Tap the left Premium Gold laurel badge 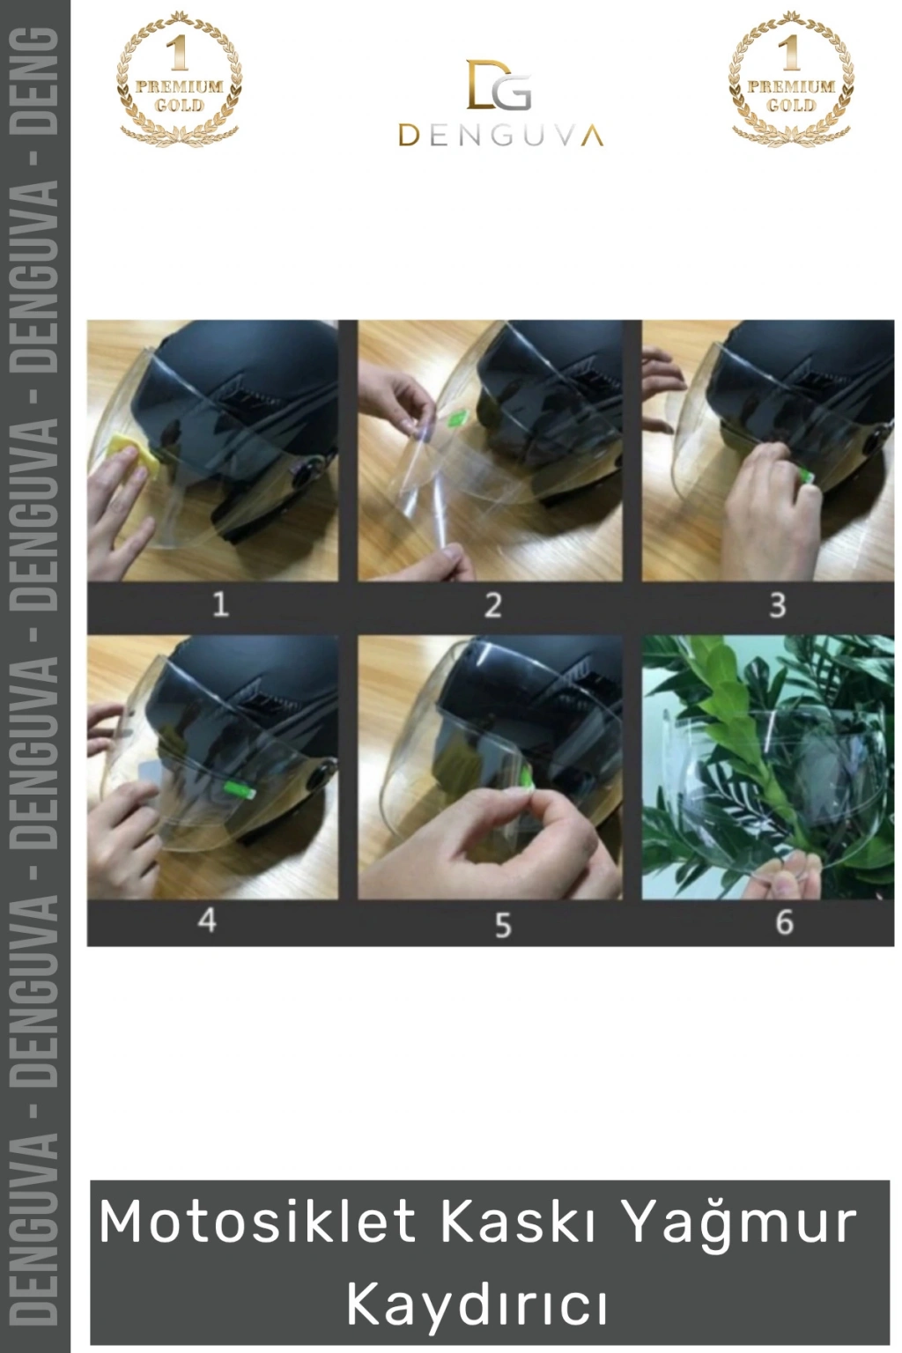(179, 79)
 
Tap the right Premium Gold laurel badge (791, 79)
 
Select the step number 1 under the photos (220, 604)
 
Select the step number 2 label (492, 605)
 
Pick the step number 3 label (777, 605)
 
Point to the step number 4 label (207, 921)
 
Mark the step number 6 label (784, 922)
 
